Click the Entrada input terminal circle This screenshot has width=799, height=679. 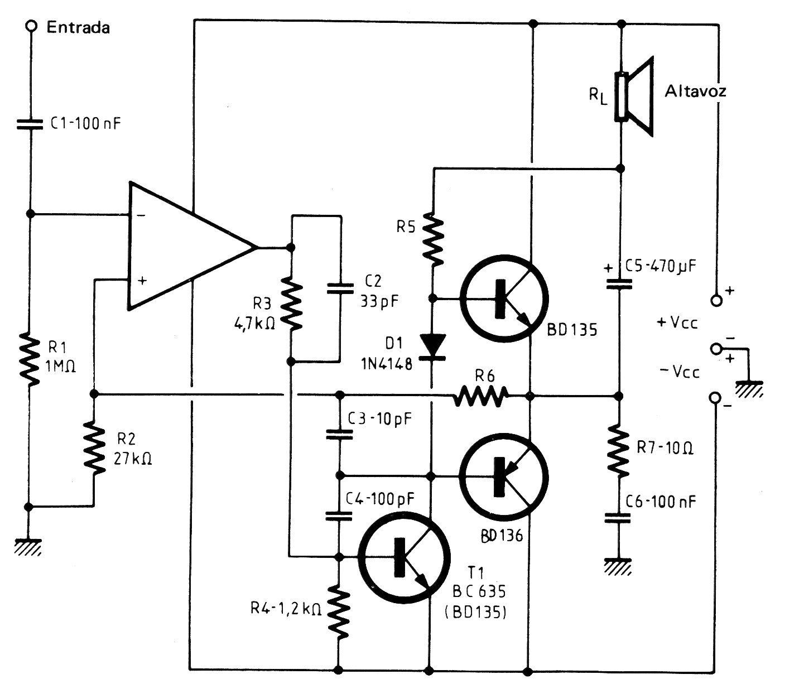tap(31, 26)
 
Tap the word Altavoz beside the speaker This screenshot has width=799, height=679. tap(695, 91)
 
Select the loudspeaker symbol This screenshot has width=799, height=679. tap(634, 97)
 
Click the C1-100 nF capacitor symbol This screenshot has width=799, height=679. tap(30, 124)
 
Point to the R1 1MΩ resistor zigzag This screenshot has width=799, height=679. tap(30, 359)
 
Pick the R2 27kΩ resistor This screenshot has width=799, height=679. tap(94, 448)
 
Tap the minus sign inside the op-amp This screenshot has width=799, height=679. tap(142, 215)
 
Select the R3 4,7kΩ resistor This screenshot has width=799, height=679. tap(291, 304)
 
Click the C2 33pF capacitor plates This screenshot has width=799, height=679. tap(340, 288)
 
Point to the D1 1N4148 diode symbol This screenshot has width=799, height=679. tap(432, 347)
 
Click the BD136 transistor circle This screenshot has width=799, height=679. tap(504, 477)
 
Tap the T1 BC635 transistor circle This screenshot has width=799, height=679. tap(405, 557)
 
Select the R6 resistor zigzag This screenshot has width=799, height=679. tap(480, 396)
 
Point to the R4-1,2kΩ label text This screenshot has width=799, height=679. tap(286, 609)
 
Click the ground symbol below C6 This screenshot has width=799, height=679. tap(618, 566)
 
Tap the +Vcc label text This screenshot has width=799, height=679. tap(677, 322)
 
